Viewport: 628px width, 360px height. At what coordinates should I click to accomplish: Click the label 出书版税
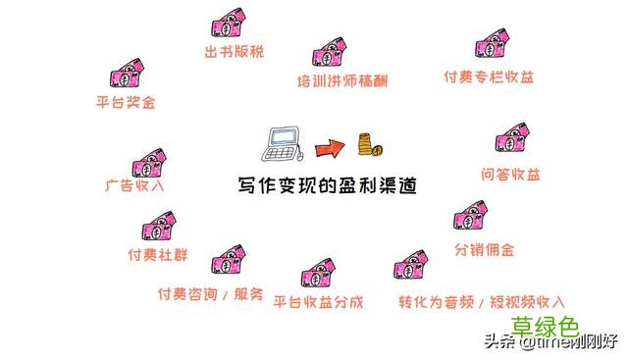pyautogui.click(x=235, y=51)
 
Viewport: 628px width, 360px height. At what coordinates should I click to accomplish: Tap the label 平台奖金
pyautogui.click(x=125, y=101)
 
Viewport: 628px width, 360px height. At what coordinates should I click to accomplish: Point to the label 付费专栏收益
pyautogui.click(x=489, y=77)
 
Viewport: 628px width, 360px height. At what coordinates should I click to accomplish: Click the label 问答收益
pyautogui.click(x=511, y=174)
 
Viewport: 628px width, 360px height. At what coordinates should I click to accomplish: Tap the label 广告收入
pyautogui.click(x=135, y=184)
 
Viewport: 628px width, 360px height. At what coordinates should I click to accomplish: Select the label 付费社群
pyautogui.click(x=158, y=254)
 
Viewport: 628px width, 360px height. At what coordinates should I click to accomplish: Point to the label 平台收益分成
pyautogui.click(x=318, y=301)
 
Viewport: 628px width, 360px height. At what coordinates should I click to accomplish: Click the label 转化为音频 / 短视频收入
pyautogui.click(x=482, y=301)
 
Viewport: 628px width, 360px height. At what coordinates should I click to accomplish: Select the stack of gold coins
pyautogui.click(x=368, y=145)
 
